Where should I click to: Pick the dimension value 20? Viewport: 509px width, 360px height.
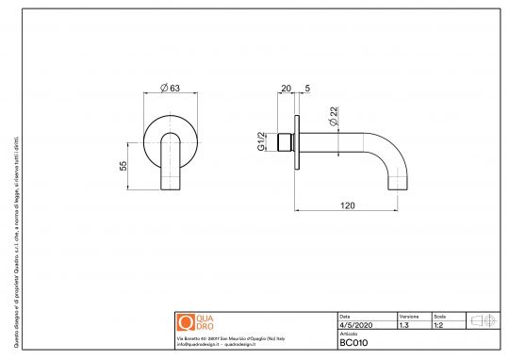286,90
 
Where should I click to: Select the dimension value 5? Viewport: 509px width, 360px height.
307,90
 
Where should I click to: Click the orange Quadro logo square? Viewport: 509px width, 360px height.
185,321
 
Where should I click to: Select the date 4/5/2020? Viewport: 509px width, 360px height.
355,324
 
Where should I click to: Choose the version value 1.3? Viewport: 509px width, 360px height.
403,324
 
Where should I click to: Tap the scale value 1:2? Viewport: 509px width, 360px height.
438,324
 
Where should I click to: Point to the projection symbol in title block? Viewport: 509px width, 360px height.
484,320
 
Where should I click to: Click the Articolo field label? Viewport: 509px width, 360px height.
349,334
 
